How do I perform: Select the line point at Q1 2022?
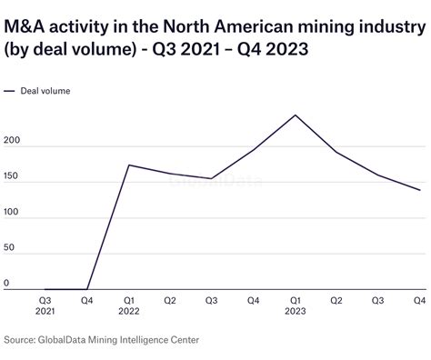point(129,165)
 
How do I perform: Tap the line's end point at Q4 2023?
point(420,190)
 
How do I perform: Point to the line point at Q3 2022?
point(212,179)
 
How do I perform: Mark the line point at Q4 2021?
point(88,289)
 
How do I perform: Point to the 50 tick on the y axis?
point(10,248)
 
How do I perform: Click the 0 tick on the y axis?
point(7,283)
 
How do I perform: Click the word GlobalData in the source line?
point(76,340)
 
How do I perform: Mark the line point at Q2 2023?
point(337,152)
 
